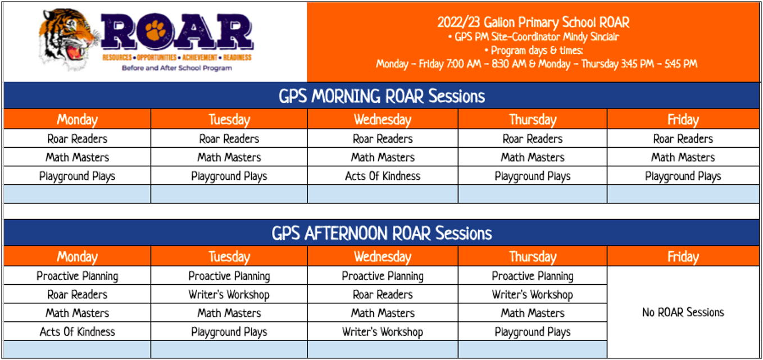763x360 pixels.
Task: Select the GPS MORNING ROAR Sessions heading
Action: pos(381,96)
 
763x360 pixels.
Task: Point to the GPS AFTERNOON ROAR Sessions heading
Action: pos(381,233)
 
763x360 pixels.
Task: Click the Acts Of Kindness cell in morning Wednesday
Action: pos(383,176)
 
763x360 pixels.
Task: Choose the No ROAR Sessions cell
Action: pos(683,312)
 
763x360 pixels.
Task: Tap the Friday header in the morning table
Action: pos(683,120)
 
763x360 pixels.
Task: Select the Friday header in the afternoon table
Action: pos(683,257)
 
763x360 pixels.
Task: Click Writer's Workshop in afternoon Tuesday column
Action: pos(229,294)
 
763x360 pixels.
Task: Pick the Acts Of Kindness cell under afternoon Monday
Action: pos(77,331)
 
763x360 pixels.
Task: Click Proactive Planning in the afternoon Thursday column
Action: pos(532,276)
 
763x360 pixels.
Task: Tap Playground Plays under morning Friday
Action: pos(683,176)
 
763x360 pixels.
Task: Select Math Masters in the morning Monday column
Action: pos(77,157)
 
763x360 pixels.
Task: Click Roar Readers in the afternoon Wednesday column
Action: pos(383,294)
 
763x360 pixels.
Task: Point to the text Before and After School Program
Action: pos(177,68)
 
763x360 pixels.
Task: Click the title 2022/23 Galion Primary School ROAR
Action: pos(533,22)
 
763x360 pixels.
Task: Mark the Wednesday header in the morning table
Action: pos(383,120)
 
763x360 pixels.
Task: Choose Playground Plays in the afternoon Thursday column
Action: pos(532,331)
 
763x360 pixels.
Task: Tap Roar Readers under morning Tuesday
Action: pos(229,139)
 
